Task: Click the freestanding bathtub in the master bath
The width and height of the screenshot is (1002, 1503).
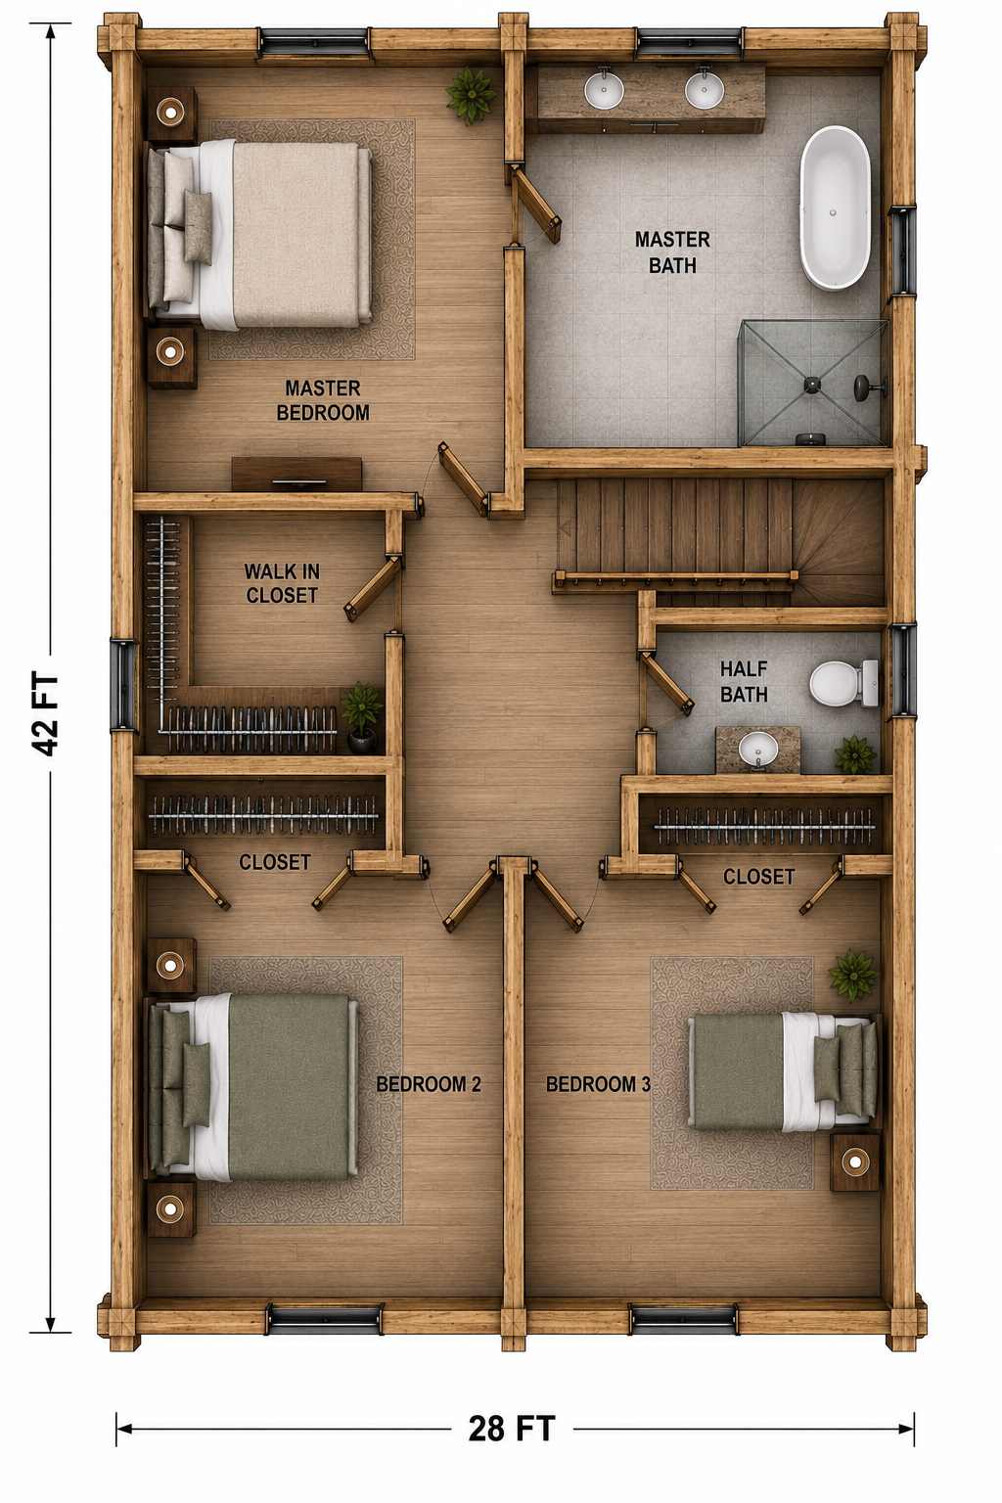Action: tap(835, 208)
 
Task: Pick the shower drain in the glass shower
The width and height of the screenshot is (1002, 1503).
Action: tap(813, 384)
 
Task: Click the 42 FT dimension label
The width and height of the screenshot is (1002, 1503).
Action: tap(48, 715)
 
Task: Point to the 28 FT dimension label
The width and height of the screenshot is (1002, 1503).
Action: tap(512, 1429)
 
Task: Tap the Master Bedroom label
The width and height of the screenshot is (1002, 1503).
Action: tap(323, 400)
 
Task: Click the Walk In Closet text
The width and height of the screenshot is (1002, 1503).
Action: tap(281, 583)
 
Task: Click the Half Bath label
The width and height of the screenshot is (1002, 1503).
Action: tap(744, 681)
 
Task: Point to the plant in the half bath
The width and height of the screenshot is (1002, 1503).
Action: tap(854, 754)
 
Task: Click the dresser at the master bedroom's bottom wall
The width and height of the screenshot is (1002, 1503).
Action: tap(296, 474)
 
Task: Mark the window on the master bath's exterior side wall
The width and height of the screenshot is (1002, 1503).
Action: tap(902, 250)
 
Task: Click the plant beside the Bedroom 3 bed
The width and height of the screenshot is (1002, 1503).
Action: tap(853, 975)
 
